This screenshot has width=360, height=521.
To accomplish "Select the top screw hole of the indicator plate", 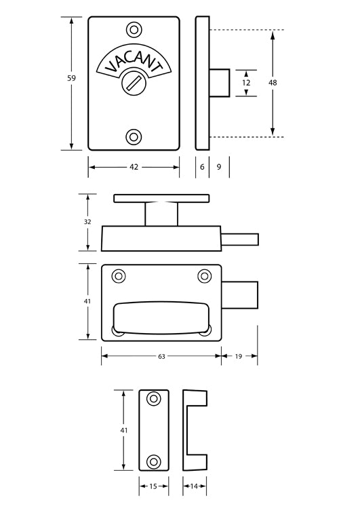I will [x=134, y=30].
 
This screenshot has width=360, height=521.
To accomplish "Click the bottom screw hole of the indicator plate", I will [x=134, y=137].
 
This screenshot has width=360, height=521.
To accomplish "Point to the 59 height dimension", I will [x=71, y=79].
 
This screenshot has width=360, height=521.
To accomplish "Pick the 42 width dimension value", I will [x=134, y=167].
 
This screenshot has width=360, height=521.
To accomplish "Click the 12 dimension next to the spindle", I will [x=246, y=83].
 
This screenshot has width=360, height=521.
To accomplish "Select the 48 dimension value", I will [x=273, y=83].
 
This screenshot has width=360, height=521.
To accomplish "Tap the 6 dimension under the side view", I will [x=202, y=167].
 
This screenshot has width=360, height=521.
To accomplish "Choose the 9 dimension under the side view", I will [x=219, y=167].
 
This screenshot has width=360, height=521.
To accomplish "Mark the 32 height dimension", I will [x=87, y=221].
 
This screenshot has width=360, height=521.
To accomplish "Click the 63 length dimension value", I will [x=161, y=355].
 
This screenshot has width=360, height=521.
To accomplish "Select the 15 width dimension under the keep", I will [x=153, y=486].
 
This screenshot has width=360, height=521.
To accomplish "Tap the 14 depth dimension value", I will [x=195, y=486].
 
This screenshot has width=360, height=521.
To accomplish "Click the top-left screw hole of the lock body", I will [x=119, y=276].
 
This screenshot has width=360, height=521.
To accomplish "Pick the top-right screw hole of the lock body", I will [x=204, y=276].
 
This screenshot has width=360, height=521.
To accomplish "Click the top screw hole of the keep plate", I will [x=154, y=398].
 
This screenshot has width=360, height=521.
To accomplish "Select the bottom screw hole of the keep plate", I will [x=154, y=461].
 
